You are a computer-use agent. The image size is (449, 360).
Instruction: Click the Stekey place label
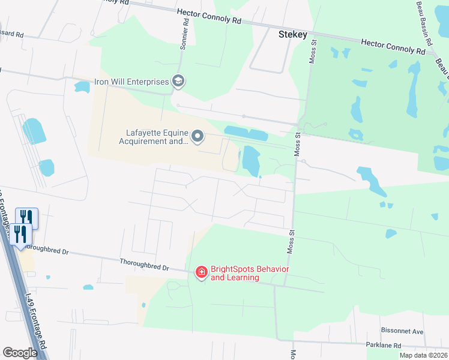pos(293,35)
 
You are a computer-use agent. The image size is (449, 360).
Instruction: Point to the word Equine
pos(175,133)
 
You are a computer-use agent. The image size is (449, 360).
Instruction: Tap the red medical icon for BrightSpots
pos(201,273)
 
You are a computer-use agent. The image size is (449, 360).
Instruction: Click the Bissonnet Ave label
pos(402,331)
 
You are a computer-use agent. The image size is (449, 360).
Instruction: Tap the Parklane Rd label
pos(384,346)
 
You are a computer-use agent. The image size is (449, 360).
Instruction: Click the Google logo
pos(20,353)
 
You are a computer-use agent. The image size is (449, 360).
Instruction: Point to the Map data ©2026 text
pos(423,355)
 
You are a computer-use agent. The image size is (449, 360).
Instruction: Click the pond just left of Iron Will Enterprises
pos(82,87)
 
